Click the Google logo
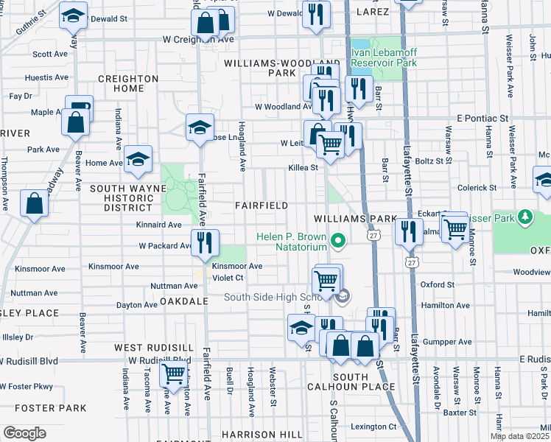24,432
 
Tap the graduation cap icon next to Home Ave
138,160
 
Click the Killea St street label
302,168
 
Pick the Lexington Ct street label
373,427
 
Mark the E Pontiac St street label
482,118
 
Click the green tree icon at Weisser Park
524,217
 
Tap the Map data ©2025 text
519,436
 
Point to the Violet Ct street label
228,278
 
